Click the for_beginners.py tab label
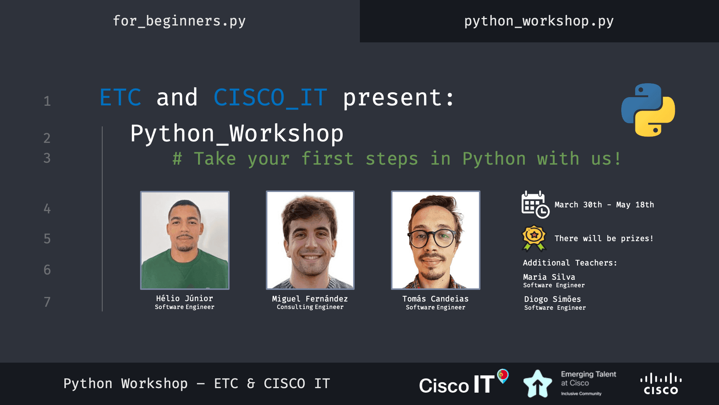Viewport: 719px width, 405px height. (179, 21)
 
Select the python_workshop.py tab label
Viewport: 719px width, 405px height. (539, 21)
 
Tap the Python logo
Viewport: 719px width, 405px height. (648, 110)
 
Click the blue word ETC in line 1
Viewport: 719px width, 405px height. (121, 97)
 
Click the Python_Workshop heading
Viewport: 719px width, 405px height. (237, 134)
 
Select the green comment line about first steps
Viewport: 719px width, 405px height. (397, 159)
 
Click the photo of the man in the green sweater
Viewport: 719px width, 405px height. (185, 240)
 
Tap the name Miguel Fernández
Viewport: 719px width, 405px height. (310, 299)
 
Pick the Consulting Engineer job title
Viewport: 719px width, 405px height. (310, 307)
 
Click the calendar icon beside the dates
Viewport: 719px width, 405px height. (535, 204)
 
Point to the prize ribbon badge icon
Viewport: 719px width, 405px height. (534, 238)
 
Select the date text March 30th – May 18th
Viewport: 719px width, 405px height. (604, 205)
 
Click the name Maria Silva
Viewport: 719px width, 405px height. (549, 277)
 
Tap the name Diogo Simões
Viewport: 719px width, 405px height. (553, 299)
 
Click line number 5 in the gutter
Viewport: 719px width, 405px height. (47, 239)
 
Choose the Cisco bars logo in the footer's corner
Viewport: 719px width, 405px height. (661, 384)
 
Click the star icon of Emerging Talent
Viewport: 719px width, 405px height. (538, 384)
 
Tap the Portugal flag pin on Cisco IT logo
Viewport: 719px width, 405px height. (503, 376)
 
